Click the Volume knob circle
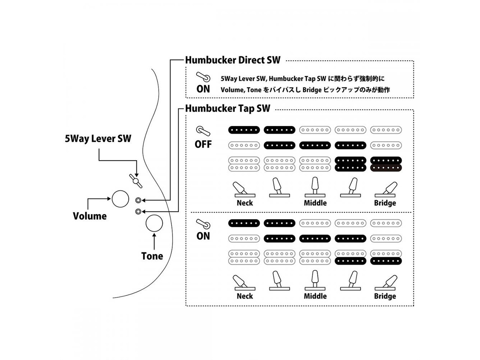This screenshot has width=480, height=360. click(120, 198)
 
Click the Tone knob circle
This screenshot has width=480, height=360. click(154, 223)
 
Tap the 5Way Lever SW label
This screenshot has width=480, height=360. click(98, 139)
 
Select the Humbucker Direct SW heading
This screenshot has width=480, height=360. click(232, 60)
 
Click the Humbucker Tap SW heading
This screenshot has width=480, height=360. click(228, 109)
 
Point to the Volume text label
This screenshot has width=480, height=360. click(90, 216)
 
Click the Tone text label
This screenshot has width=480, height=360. click(152, 256)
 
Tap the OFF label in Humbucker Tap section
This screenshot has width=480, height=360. click(203, 144)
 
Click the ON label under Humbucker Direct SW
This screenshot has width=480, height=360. click(203, 89)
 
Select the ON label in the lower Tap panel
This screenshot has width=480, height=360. click(203, 236)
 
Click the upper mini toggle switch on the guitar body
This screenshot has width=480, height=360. click(138, 201)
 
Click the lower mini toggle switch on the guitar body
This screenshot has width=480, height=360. click(138, 211)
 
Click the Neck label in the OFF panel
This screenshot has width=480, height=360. click(244, 203)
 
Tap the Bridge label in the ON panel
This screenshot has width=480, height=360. click(385, 296)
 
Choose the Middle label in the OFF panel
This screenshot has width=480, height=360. click(315, 203)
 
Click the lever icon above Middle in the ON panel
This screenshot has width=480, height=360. click(315, 281)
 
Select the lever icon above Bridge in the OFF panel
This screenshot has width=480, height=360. click(386, 189)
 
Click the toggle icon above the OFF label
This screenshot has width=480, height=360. click(203, 131)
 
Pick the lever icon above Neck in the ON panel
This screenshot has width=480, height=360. click(244, 283)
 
